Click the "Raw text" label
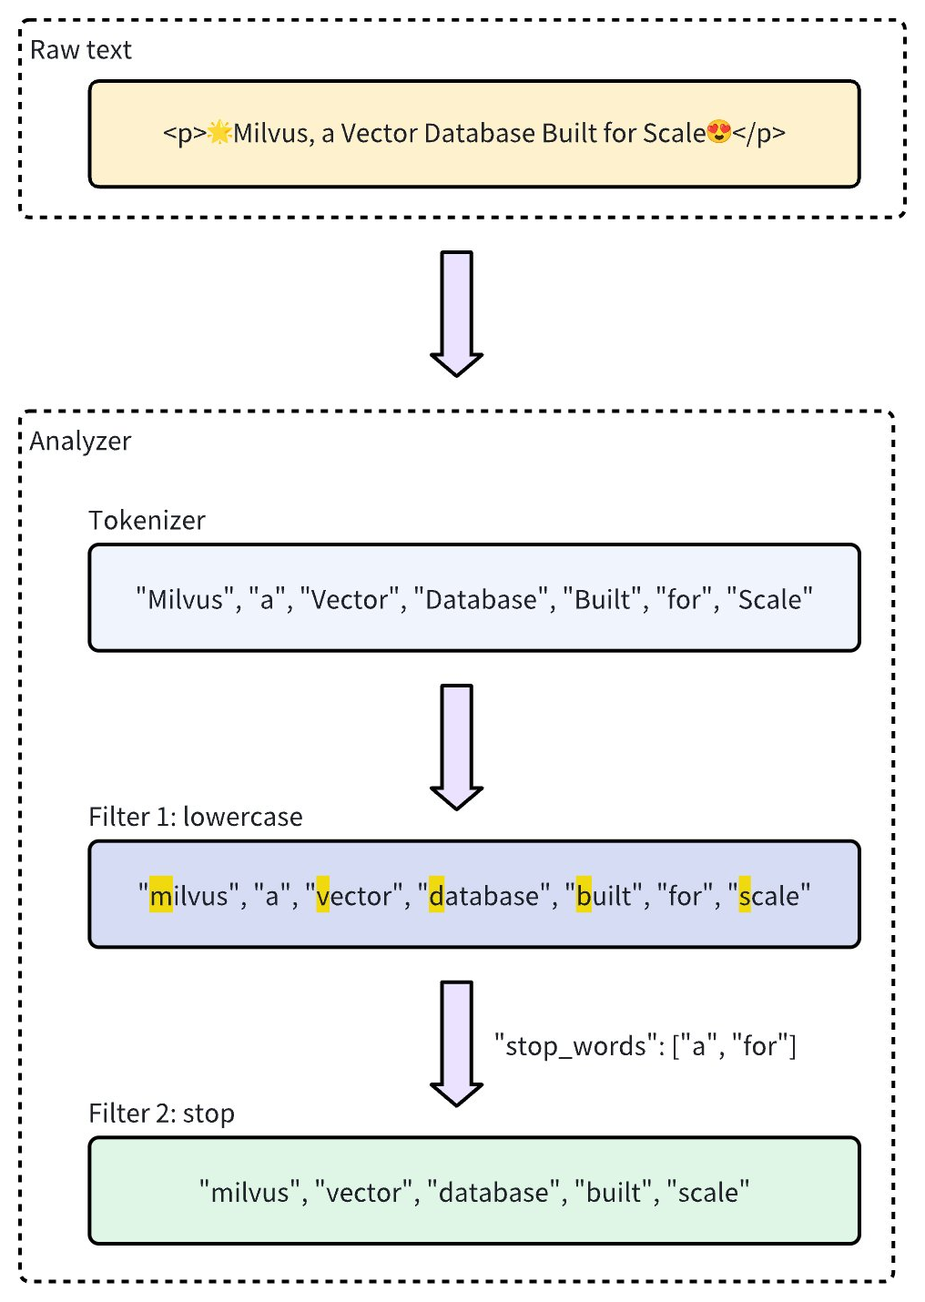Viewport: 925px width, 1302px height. [80, 50]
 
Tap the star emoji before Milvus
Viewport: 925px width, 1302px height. [219, 133]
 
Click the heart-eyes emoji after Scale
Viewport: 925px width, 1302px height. [719, 133]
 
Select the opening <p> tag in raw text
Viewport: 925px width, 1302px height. [185, 134]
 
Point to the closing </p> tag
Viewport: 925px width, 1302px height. [759, 134]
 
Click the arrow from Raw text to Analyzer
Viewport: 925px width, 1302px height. [456, 313]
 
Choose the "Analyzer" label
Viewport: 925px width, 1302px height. [80, 442]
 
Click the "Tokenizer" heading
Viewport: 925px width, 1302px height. [147, 520]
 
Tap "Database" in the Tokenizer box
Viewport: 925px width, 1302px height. [481, 600]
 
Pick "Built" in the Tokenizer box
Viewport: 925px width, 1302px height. [602, 600]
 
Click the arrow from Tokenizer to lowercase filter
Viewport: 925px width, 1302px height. [456, 747]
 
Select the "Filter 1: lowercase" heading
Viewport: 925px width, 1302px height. [195, 817]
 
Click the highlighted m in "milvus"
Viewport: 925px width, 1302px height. [161, 896]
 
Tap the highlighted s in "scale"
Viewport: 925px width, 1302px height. [745, 896]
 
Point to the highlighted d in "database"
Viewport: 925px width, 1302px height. [436, 896]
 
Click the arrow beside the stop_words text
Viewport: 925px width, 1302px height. [456, 1043]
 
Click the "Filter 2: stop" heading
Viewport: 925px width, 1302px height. [161, 1114]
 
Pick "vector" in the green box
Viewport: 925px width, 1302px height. [363, 1193]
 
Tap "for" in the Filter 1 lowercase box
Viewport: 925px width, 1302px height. [684, 896]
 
